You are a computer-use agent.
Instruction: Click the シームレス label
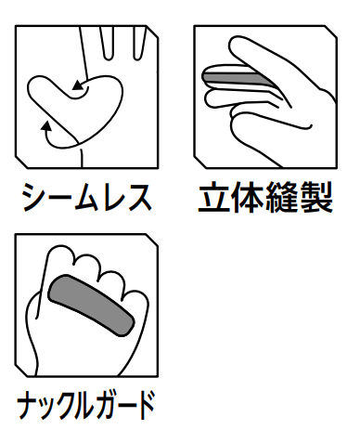(86, 198)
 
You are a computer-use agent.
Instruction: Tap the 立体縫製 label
(265, 197)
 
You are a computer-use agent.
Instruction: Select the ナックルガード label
(85, 405)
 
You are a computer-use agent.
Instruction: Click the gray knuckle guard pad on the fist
(91, 306)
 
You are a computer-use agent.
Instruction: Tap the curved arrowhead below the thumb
(46, 126)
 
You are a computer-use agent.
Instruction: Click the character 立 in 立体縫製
(214, 198)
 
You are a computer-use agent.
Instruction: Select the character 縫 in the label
(281, 198)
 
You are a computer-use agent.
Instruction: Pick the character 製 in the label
(316, 198)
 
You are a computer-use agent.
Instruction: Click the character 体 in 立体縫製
(248, 198)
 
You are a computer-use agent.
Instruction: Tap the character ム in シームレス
(86, 198)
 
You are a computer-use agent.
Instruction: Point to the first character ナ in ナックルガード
(29, 405)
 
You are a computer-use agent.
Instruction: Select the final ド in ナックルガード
(144, 404)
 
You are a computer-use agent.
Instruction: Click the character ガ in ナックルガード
(104, 404)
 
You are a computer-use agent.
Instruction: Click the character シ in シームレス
(34, 198)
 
